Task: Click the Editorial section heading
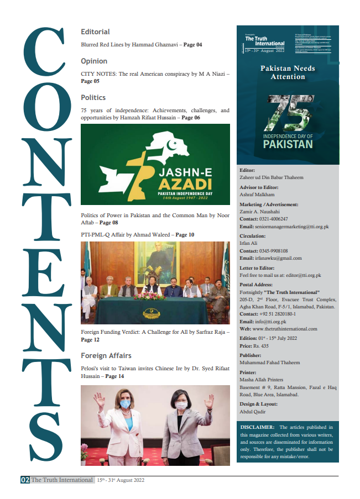click(95, 32)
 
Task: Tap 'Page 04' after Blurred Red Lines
click(191, 44)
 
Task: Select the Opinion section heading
click(94, 61)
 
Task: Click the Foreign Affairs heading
click(106, 355)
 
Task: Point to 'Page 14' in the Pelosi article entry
click(114, 376)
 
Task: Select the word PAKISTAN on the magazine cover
click(288, 144)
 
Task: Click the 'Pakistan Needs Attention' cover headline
click(288, 72)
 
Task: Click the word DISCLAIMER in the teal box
click(258, 427)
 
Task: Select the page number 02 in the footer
click(25, 480)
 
